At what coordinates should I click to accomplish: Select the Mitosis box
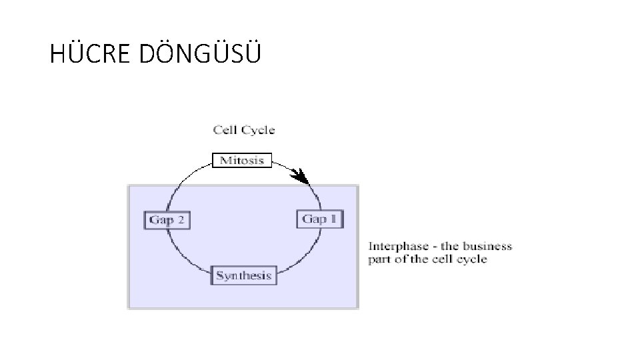point(241,161)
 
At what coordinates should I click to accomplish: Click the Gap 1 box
point(320,219)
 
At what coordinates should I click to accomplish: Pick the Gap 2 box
point(167,220)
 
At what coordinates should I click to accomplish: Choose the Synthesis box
point(243,275)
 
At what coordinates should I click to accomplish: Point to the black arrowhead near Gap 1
point(303,177)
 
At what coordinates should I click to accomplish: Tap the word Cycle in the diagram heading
point(258,130)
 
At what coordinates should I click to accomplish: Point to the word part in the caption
point(379,259)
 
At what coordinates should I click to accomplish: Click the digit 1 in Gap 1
point(333,219)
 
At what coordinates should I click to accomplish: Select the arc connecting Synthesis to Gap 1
point(303,257)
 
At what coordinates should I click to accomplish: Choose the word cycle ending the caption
point(471,259)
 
